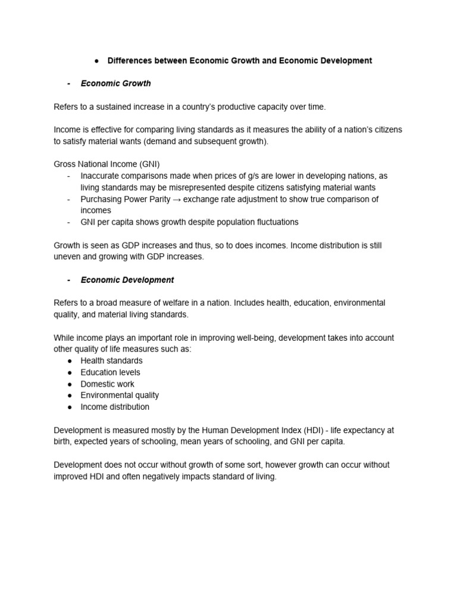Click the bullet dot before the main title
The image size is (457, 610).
coord(96,61)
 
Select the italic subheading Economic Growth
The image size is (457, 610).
coord(115,83)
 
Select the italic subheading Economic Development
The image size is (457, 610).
coord(127,280)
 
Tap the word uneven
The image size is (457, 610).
coord(67,257)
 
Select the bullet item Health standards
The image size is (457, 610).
coord(111,361)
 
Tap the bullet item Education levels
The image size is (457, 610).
coord(111,372)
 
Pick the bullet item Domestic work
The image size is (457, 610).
coord(108,384)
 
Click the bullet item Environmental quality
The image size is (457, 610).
coord(120,396)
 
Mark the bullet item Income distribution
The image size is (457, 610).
coord(115,407)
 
